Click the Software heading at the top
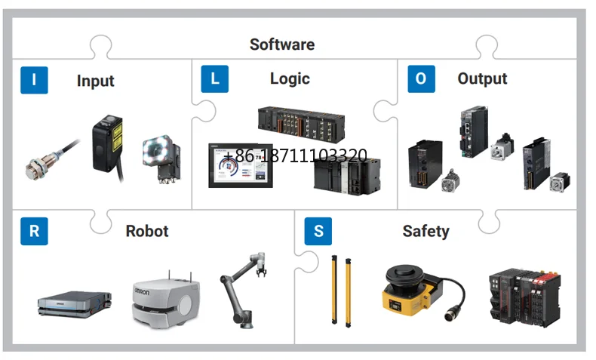pos(281,44)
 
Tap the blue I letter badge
pos(34,79)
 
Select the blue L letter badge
pos(215,79)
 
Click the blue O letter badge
pos(421,79)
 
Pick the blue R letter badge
pos(34,231)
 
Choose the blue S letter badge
pos(318,231)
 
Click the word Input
pos(95,81)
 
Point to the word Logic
pos(290,78)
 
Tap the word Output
pos(482,78)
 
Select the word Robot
pos(147,231)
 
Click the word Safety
pos(425,231)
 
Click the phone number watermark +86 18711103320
pos(294,156)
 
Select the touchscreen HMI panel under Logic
pos(241,165)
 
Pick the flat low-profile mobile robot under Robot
pos(75,303)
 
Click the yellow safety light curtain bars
pos(342,289)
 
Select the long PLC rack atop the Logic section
pos(301,122)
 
